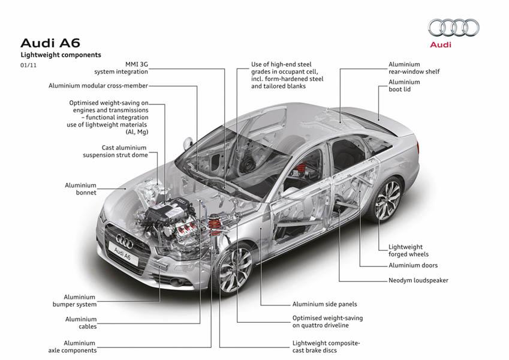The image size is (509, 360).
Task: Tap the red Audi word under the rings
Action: (441, 44)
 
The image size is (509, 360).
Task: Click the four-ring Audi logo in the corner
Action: (453, 28)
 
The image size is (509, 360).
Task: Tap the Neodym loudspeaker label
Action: (418, 280)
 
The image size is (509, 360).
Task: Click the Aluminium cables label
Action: (81, 323)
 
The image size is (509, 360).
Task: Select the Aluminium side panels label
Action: (324, 304)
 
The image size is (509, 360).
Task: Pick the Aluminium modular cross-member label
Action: (98, 86)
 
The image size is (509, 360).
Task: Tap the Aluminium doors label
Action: (413, 265)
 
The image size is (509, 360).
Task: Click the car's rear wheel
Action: (387, 200)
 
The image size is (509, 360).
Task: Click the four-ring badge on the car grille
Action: (124, 241)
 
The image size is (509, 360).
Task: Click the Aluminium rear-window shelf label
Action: (414, 68)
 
